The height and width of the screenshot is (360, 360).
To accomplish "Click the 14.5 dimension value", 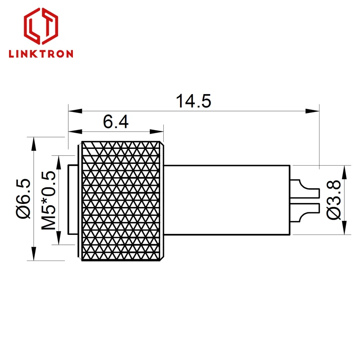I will click(193, 101).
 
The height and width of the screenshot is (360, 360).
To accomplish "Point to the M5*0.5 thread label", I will click(49, 200).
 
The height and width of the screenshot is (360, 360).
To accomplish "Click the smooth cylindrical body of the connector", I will click(227, 200).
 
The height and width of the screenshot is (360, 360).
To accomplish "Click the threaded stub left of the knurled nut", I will click(73, 200).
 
